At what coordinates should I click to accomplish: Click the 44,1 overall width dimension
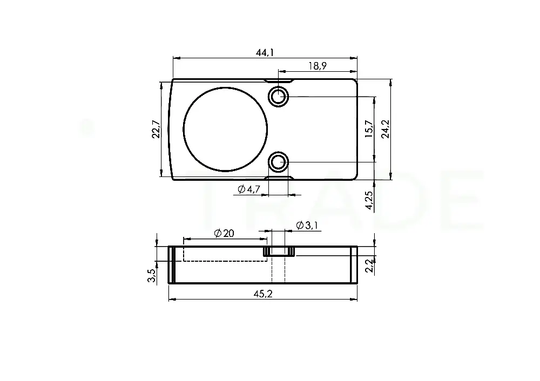(x=265, y=53)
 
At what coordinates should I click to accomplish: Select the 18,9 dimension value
(x=318, y=66)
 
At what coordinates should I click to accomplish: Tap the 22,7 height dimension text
(x=156, y=129)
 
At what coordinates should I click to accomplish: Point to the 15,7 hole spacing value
(x=369, y=129)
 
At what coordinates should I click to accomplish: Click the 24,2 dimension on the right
(x=385, y=129)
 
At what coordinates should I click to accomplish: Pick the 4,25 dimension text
(x=369, y=200)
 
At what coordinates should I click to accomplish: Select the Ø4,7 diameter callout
(x=248, y=189)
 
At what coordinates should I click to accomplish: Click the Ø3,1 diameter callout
(x=307, y=226)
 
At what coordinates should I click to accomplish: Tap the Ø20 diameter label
(x=224, y=233)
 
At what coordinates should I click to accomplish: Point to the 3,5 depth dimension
(x=152, y=276)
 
